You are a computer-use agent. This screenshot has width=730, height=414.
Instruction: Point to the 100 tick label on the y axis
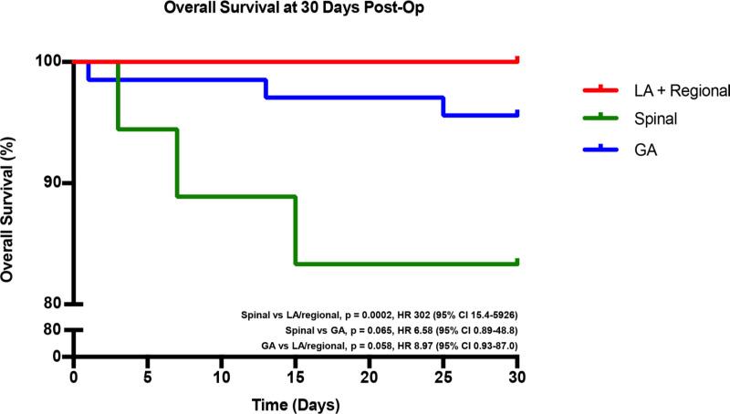click(x=47, y=61)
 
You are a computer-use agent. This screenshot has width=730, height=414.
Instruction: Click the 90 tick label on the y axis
click(x=51, y=182)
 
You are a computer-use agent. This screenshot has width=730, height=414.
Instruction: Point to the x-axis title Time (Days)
click(x=296, y=402)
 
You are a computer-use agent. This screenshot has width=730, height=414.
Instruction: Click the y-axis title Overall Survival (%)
click(x=12, y=182)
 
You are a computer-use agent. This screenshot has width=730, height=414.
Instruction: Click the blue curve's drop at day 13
click(x=266, y=88)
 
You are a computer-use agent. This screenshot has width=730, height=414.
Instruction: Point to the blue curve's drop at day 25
click(x=443, y=107)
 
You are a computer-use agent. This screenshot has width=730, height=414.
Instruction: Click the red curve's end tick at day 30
click(x=517, y=59)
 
